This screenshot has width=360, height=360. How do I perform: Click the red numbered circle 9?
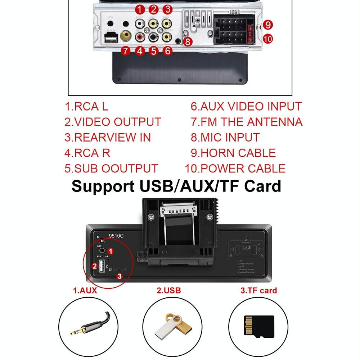[267, 25]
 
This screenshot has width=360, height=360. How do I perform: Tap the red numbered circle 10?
[267, 39]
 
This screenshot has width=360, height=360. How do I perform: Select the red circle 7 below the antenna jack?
[125, 51]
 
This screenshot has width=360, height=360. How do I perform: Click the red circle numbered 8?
[188, 42]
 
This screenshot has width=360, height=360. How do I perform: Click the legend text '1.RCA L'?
[86, 107]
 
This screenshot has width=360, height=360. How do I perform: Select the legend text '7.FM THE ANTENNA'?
[247, 122]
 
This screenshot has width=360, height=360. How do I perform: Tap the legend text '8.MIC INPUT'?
[225, 138]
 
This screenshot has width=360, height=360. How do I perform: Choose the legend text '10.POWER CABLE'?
[235, 168]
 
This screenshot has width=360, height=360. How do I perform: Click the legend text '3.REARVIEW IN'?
[108, 138]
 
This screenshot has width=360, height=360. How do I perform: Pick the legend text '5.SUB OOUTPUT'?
[111, 168]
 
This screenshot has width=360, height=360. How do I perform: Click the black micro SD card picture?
[259, 326]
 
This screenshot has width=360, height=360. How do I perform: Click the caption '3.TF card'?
[259, 291]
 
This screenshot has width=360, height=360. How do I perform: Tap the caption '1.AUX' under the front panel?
[85, 291]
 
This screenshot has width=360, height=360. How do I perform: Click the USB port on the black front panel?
[101, 266]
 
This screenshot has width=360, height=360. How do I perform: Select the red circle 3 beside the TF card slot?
[120, 276]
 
